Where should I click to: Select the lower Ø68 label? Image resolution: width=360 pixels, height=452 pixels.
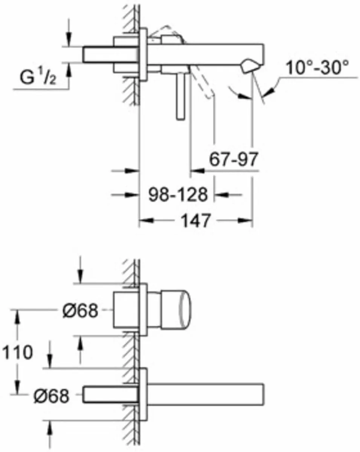51,395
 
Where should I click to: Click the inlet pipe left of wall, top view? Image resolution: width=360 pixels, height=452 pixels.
98,54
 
